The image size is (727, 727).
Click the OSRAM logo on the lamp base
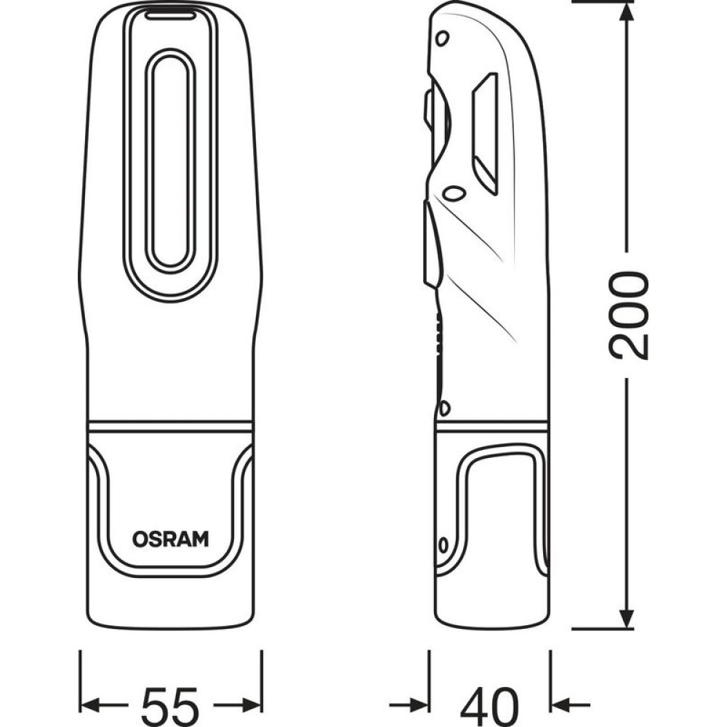[x=170, y=539]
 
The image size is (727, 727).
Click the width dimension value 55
[x=170, y=706]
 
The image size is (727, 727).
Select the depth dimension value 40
[x=489, y=706]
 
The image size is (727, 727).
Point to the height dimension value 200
[x=629, y=316]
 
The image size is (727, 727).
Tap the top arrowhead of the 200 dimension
[x=627, y=12]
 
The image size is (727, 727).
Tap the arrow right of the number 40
[x=570, y=705]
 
